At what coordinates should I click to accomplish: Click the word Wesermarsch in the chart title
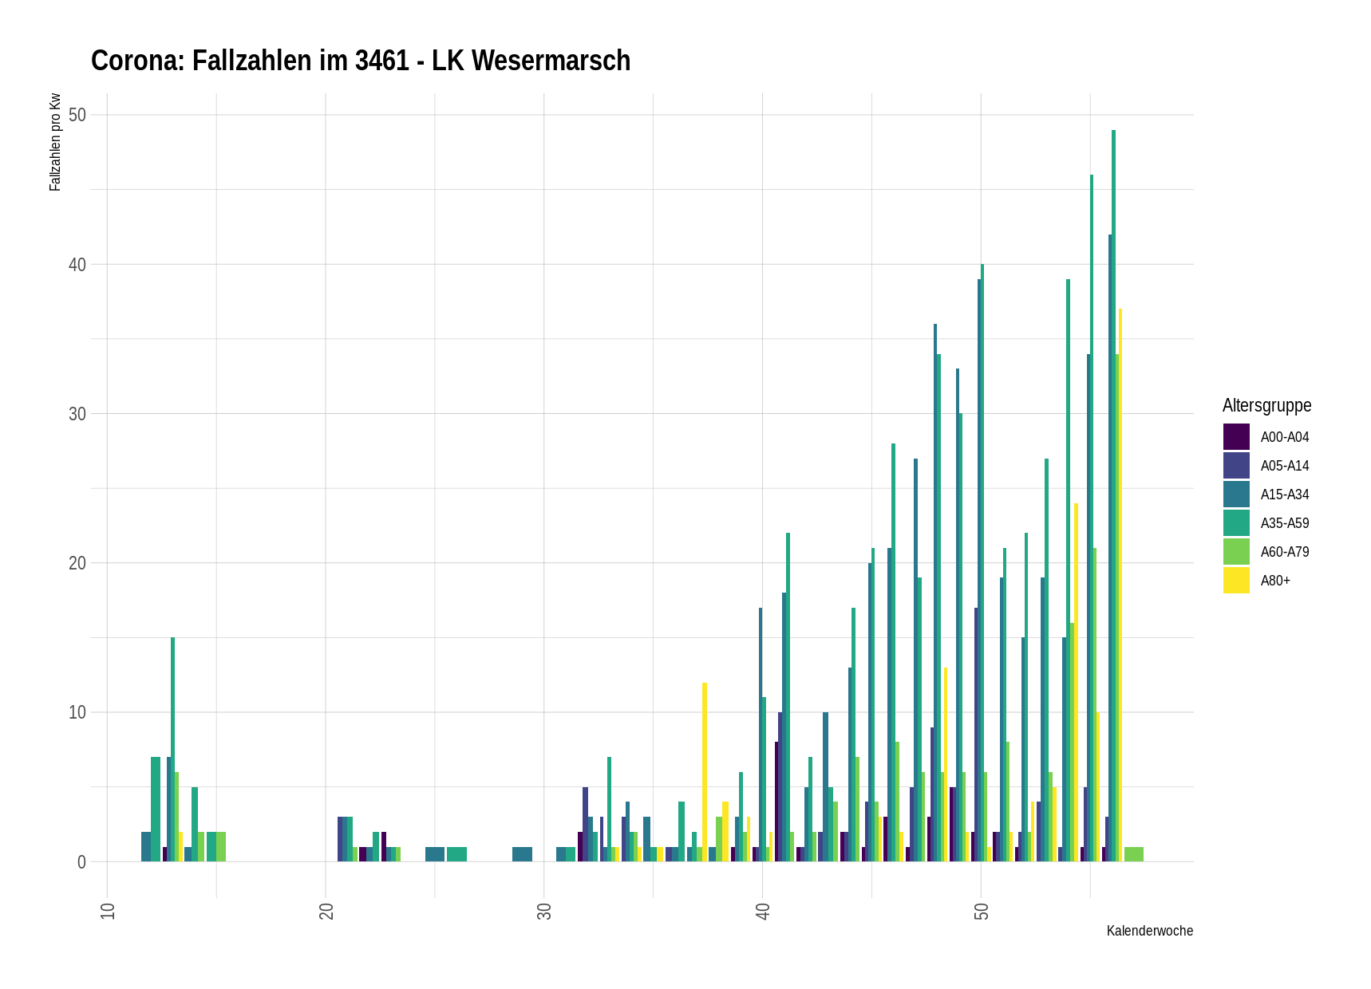(551, 61)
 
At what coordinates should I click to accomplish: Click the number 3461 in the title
(382, 61)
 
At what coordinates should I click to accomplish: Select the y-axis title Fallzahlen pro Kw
(55, 142)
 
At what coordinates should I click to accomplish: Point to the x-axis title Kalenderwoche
(1149, 931)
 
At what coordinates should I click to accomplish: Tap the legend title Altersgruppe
(1266, 405)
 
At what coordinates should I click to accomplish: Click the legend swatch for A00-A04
(1236, 437)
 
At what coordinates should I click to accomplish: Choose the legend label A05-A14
(1285, 466)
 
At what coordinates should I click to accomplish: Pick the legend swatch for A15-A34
(1236, 494)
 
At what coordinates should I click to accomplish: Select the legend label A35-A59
(1285, 523)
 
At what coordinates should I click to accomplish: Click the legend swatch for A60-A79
(1236, 552)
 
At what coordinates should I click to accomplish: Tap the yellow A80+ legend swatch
(1236, 581)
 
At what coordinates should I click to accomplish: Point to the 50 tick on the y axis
(77, 115)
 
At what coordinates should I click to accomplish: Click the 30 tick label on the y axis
(77, 414)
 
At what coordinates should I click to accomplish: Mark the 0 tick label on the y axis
(81, 862)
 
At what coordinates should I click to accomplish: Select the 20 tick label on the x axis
(326, 911)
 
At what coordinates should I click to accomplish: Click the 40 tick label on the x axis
(763, 911)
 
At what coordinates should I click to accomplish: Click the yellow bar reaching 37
(1120, 582)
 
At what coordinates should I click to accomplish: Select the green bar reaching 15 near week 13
(172, 750)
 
